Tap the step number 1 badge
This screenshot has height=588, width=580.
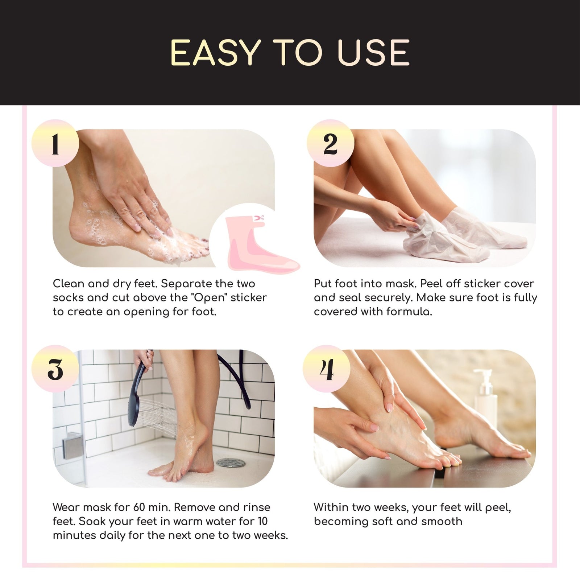[55, 144]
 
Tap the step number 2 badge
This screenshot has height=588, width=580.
[330, 144]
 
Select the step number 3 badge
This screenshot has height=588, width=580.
[55, 369]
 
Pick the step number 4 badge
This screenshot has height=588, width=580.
[328, 369]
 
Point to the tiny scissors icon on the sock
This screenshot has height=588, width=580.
[258, 218]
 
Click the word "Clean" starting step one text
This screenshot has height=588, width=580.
[68, 284]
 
